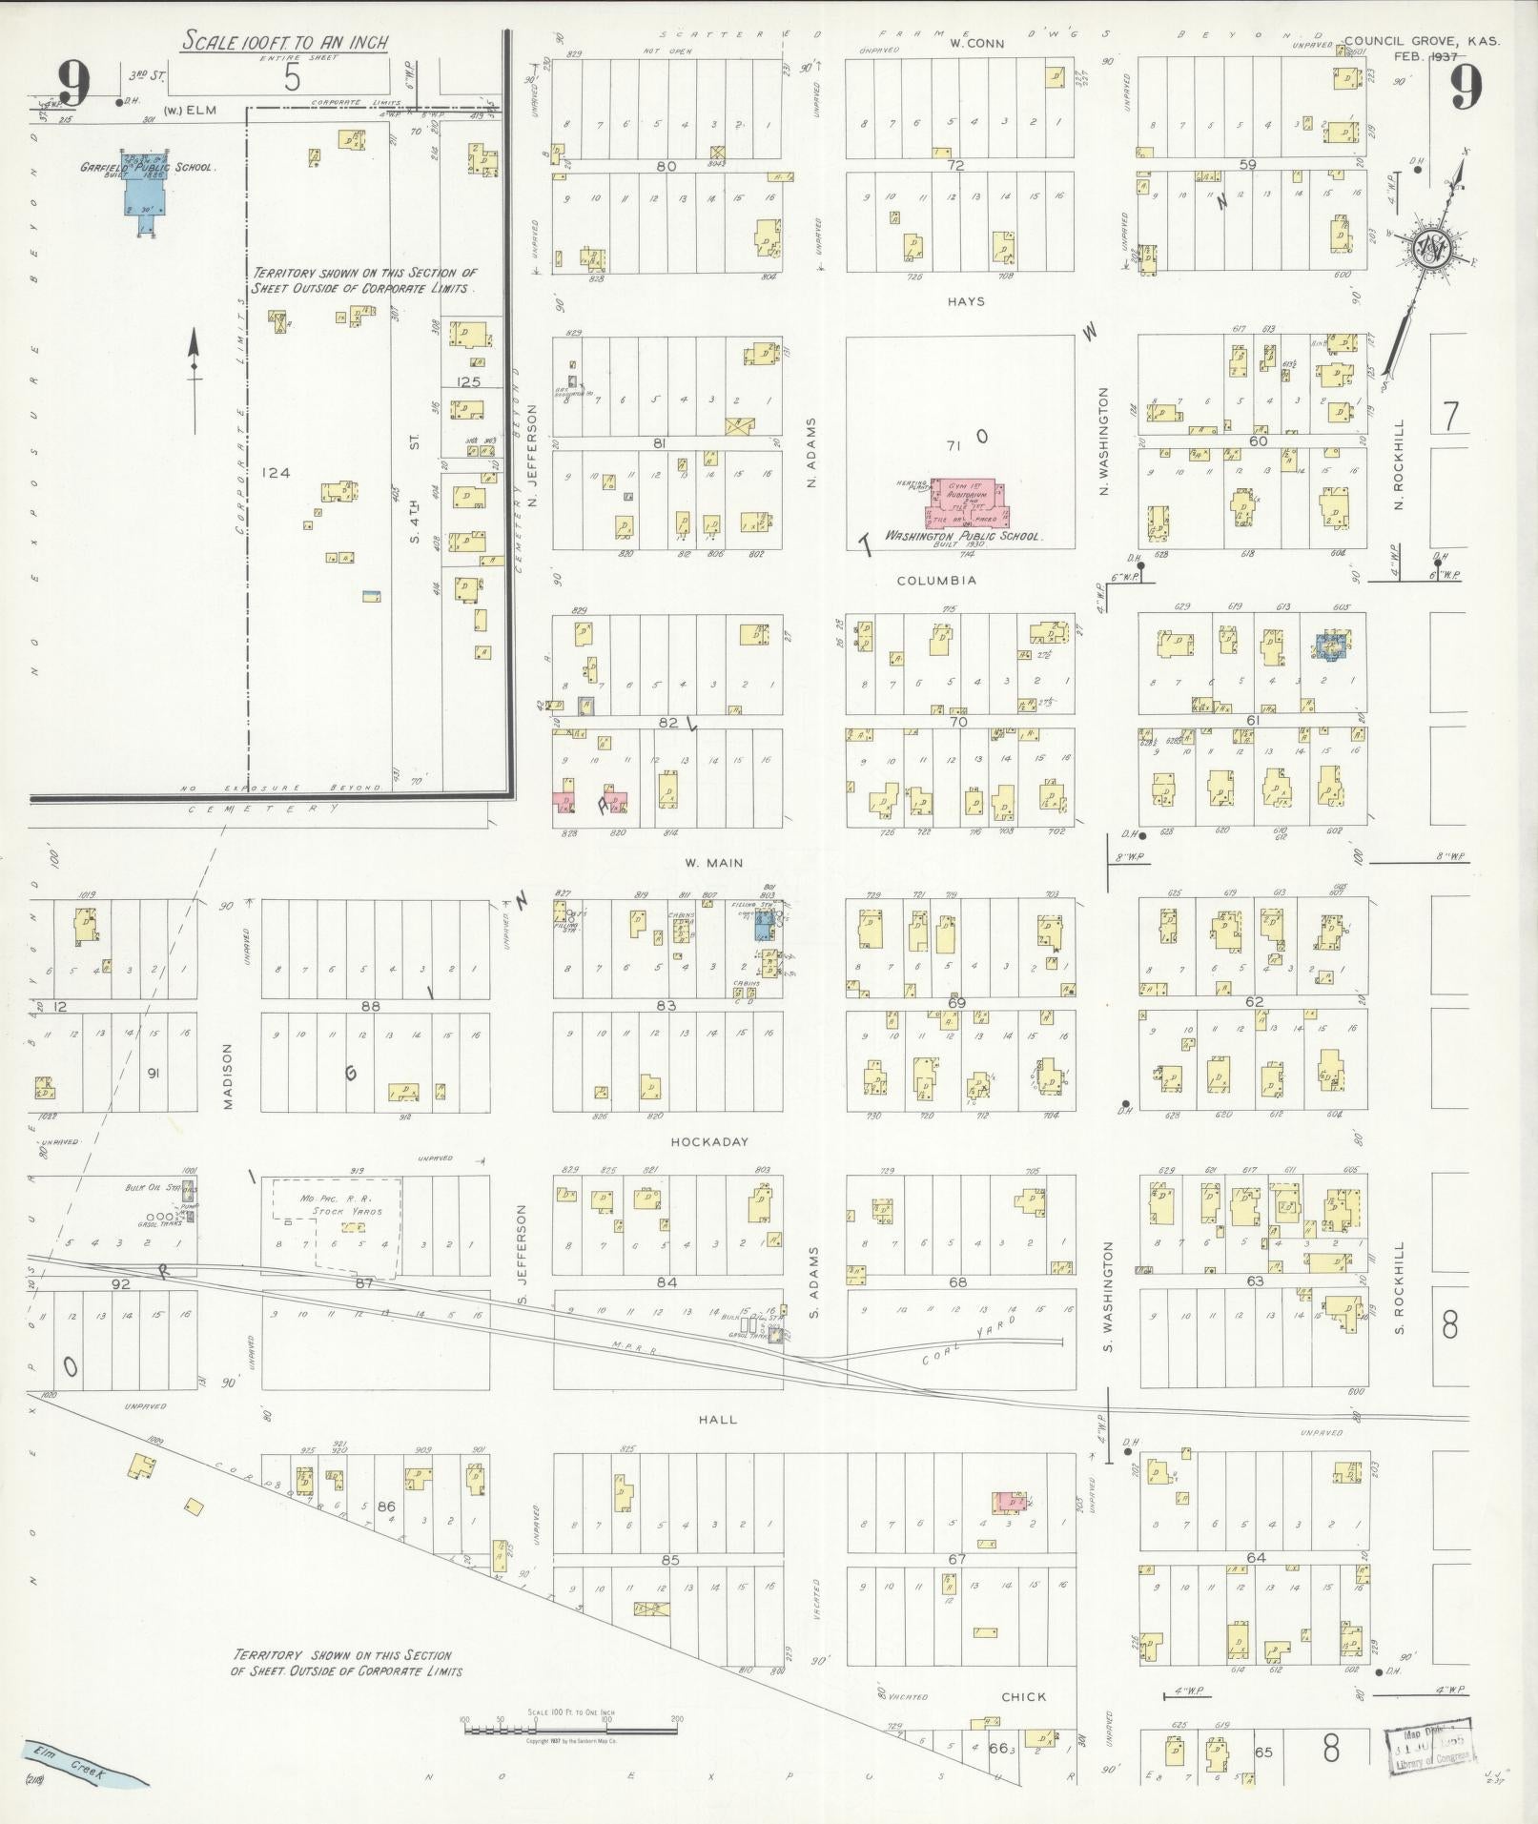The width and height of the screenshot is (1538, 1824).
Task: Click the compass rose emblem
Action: [1430, 251]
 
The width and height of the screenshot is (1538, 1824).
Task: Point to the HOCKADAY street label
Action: [708, 1141]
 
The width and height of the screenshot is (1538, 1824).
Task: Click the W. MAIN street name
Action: [714, 863]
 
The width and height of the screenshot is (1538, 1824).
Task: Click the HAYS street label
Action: [965, 301]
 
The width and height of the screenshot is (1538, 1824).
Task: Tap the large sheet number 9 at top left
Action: [72, 84]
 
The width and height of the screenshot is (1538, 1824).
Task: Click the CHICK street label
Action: [1023, 1696]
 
